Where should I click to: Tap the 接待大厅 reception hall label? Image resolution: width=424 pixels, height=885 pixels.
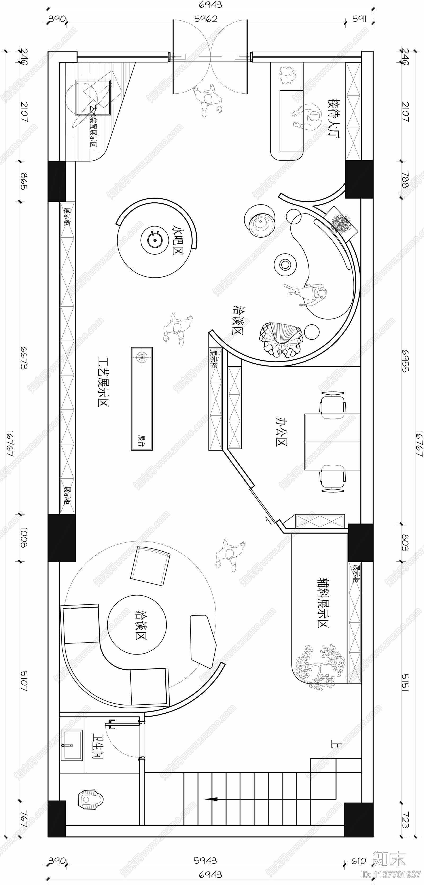(333, 118)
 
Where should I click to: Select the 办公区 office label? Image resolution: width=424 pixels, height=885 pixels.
(281, 431)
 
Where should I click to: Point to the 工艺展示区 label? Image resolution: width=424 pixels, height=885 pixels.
(103, 381)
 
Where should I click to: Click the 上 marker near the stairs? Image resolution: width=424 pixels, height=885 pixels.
(336, 744)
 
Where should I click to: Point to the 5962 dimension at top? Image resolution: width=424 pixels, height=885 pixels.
(206, 19)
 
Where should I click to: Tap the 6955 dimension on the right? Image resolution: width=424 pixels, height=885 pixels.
(405, 361)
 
